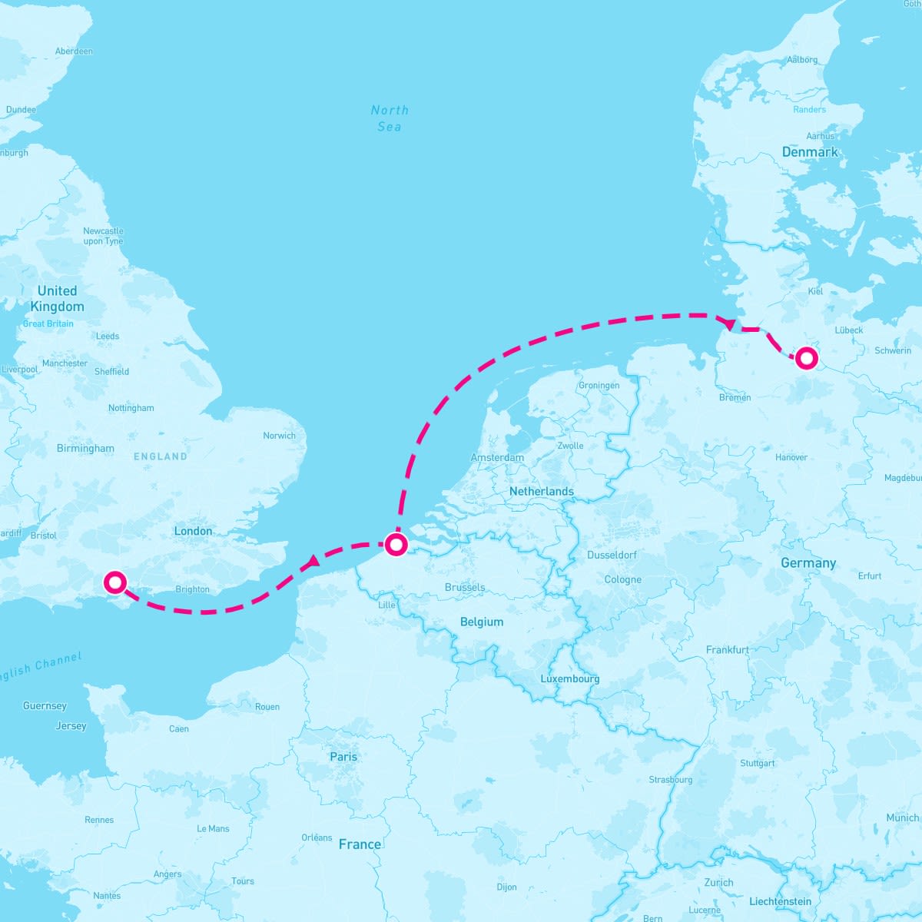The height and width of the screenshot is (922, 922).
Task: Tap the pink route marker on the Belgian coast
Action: pos(396,545)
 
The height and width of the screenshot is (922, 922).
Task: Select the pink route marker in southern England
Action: pos(114,582)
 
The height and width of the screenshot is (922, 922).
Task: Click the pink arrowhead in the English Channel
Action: pos(312,562)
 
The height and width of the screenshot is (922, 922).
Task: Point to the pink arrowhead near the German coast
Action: pos(728,323)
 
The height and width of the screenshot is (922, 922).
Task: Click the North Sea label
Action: pos(390,118)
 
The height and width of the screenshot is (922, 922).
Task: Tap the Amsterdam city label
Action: pos(497,457)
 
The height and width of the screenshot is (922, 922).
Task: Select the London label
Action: pos(193,531)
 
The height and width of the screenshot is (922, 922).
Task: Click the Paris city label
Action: pos(343,757)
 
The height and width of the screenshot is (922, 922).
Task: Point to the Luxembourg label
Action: pos(569,678)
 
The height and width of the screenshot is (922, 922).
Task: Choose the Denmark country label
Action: pos(810,152)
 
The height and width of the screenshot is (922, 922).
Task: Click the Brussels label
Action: pos(465,587)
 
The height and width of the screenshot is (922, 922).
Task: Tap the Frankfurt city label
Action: pos(727,650)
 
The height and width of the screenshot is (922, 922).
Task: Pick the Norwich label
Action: pos(279,436)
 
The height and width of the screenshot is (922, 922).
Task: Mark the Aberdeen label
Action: pos(74,51)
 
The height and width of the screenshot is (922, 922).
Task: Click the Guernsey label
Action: pos(45,705)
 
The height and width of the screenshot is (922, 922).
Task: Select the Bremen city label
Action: pos(735,397)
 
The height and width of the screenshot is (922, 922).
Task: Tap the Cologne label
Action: pos(622,579)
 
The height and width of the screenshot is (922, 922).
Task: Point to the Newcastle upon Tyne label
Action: pos(103,236)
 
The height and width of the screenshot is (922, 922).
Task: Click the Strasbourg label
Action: pos(670,779)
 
